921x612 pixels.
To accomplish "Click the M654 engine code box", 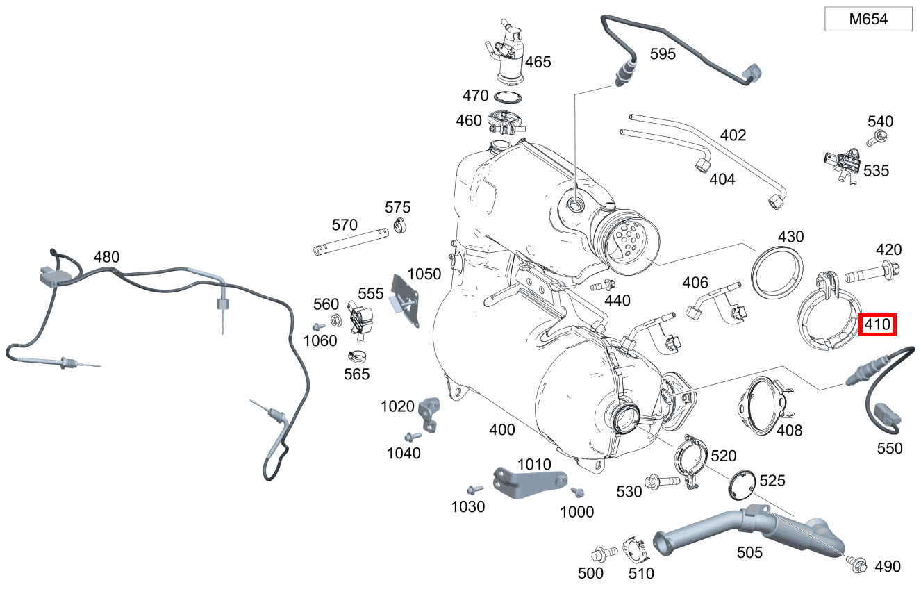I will [868, 19].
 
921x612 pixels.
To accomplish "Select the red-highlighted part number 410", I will [877, 324].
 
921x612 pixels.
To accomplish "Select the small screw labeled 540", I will [879, 137].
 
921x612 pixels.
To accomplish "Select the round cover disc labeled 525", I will [744, 484].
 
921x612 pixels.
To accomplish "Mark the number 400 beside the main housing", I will [502, 430].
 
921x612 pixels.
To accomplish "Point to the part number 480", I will [106, 257].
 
